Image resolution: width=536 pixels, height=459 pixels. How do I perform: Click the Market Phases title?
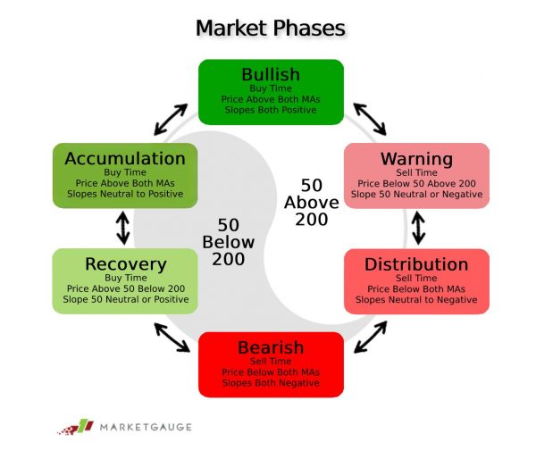(271, 28)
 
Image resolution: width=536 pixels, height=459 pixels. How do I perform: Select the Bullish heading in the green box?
(271, 74)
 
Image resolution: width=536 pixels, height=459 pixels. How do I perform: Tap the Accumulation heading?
(125, 159)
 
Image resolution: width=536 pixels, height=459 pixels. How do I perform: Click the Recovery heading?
(126, 264)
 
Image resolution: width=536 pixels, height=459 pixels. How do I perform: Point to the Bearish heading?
(271, 347)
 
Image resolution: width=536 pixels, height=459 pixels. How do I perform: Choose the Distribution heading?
(416, 264)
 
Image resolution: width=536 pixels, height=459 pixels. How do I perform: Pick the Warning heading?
(416, 159)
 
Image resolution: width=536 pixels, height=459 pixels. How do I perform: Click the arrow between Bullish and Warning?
(370, 120)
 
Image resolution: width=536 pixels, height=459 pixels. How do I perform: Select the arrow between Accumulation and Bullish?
(171, 120)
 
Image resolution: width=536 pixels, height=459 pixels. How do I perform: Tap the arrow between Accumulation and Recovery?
(123, 228)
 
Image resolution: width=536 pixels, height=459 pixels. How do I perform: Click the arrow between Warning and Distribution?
(418, 228)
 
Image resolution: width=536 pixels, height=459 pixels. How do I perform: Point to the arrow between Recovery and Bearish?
(172, 338)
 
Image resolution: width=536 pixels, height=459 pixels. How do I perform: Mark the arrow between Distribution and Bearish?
(371, 337)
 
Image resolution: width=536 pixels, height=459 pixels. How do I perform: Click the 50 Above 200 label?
(312, 203)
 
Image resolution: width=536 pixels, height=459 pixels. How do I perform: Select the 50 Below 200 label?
(229, 242)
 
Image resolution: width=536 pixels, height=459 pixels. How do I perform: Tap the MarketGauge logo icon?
(76, 427)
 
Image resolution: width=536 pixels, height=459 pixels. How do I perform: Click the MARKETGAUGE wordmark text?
(146, 427)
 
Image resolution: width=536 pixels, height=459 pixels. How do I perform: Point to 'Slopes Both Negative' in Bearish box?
(271, 383)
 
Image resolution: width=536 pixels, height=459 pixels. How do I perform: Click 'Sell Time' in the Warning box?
(416, 172)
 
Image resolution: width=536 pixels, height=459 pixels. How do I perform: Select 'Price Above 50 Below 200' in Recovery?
(126, 288)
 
